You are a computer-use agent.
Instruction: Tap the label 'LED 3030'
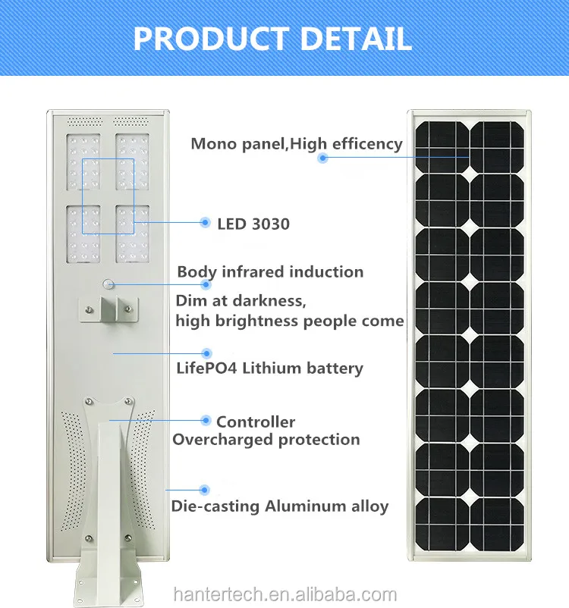coord(253,224)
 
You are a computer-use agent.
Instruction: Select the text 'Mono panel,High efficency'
coord(297,143)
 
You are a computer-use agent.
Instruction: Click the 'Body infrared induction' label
coord(270,271)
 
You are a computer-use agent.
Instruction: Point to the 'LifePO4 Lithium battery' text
coord(269,368)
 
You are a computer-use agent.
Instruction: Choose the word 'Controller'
coord(256,422)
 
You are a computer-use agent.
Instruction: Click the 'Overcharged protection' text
coord(266,440)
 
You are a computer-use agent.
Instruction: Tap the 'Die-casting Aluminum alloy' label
coord(280,506)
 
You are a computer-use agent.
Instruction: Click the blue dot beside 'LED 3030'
coord(205,222)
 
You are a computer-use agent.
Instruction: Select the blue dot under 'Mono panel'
coord(322,158)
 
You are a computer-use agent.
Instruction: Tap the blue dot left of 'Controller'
coord(205,420)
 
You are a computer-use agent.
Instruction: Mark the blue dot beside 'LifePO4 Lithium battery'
coord(206,353)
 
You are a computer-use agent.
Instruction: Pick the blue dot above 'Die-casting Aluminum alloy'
coord(203,490)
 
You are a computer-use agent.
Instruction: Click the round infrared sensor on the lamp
coord(108,285)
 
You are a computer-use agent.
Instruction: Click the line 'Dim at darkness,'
coord(240,301)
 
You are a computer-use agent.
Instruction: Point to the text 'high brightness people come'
coord(289,321)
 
